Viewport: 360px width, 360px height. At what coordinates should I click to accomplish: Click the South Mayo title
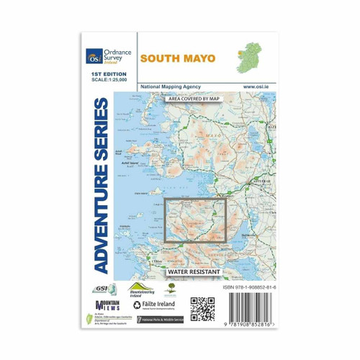coord(177,58)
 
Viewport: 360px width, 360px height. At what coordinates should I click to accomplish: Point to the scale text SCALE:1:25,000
coord(107,80)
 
